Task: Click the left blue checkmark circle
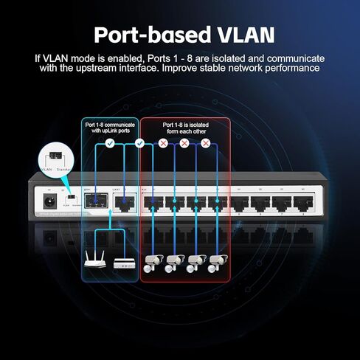point(109,144)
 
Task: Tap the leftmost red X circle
point(163,144)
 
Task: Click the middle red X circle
point(184,144)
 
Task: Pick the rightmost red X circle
point(206,144)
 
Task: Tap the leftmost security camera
point(153,263)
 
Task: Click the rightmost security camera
point(217,263)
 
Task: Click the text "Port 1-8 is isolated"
point(185,125)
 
